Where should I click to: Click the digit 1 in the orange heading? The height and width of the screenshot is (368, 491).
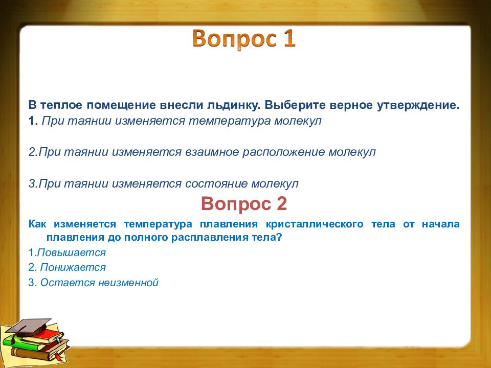289,38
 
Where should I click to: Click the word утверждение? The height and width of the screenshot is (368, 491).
418,105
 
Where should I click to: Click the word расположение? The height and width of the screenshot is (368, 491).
284,152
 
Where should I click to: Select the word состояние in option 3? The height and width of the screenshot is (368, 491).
216,183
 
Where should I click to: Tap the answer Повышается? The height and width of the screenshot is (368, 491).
72,252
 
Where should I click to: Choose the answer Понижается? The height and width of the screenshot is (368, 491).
73,267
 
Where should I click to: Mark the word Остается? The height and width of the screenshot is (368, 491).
68,283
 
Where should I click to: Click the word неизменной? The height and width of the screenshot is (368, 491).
128,283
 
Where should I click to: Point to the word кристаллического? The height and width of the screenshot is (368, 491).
315,224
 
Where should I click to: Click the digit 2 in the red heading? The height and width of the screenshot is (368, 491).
281,204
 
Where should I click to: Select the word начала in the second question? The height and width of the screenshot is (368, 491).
440,224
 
